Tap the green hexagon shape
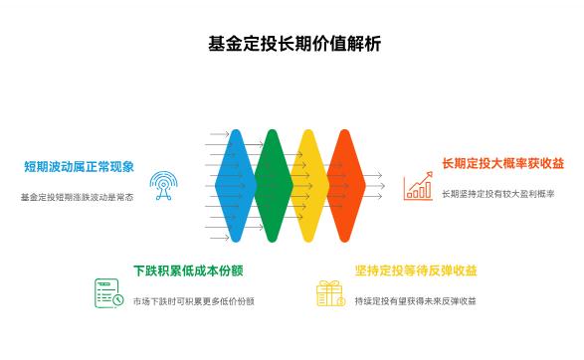pyautogui.click(x=272, y=185)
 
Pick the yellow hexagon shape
pyautogui.click(x=308, y=185)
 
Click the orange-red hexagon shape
pyautogui.click(x=345, y=185)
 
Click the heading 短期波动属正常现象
pyautogui.click(x=80, y=167)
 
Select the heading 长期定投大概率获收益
pyautogui.click(x=502, y=163)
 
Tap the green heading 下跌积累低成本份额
pyautogui.click(x=188, y=271)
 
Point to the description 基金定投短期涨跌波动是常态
pyautogui.click(x=77, y=197)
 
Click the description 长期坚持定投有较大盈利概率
pyautogui.click(x=497, y=193)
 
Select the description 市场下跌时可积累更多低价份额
pyautogui.click(x=193, y=300)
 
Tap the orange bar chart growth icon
pyautogui.click(x=418, y=185)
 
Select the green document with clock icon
pyautogui.click(x=107, y=293)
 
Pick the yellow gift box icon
pyautogui.click(x=329, y=293)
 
